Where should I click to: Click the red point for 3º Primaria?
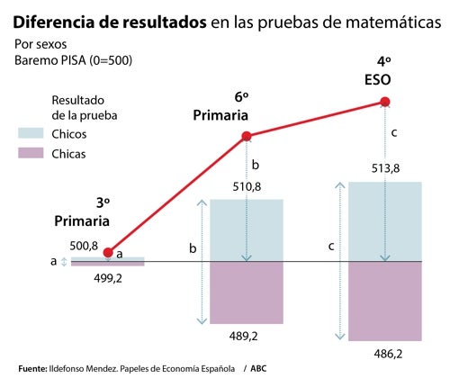coord(108,252)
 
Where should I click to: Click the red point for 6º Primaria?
coord(247,137)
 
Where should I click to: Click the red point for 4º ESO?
coord(385,102)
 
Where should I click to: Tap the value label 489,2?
coord(247,336)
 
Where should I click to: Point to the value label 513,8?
coord(385,169)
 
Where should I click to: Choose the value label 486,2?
coord(385,354)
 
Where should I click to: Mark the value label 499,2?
coord(108,278)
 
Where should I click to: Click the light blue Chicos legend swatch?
coord(31,133)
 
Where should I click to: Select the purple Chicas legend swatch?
coord(31,154)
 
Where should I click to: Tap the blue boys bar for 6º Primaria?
coord(247,230)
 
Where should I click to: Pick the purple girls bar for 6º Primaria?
coord(247,292)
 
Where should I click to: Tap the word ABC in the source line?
coord(259,369)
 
